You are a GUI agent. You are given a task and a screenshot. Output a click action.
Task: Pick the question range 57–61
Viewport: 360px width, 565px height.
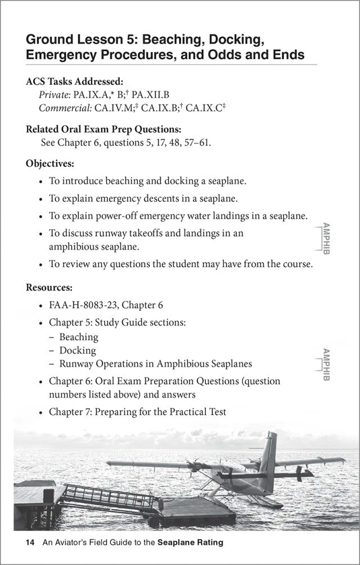[196, 142]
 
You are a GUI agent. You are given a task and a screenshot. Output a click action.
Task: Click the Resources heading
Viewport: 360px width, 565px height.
[49, 287]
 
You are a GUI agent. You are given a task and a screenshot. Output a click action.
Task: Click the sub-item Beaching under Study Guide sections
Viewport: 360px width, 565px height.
[79, 337]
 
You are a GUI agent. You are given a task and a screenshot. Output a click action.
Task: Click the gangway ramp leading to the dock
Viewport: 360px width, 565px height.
[101, 498]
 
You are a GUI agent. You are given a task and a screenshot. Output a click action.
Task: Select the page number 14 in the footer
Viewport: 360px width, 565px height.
[30, 543]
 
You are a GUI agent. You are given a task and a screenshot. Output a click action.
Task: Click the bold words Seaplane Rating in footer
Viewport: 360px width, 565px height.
[190, 543]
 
